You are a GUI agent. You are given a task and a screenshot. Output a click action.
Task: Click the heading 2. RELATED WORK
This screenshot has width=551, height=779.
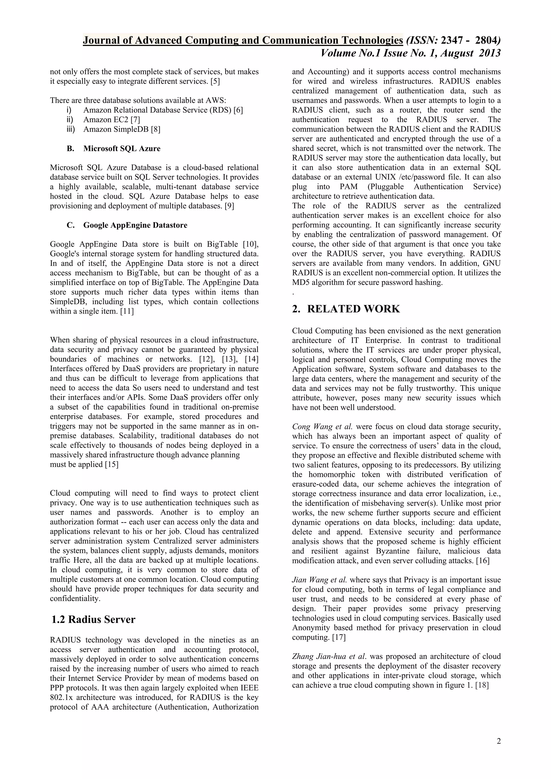(346, 309)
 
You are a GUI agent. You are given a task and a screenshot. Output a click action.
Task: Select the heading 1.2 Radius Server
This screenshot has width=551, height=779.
(93, 619)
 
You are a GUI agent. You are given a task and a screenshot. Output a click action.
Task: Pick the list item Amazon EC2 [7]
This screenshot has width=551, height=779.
(111, 119)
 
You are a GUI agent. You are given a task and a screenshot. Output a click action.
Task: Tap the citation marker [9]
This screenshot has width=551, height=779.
(229, 206)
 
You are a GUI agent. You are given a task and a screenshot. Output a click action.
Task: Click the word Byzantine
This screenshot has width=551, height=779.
(392, 551)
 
